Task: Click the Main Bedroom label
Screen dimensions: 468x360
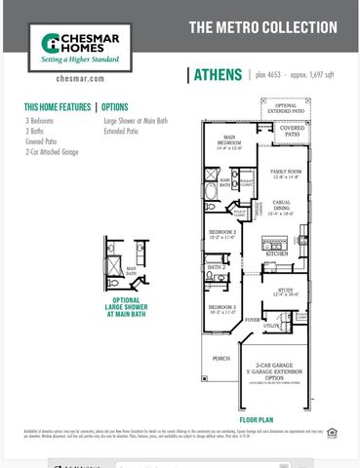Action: point(230,139)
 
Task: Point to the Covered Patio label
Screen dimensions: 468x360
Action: point(291,129)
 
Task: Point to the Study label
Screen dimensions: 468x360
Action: point(286,290)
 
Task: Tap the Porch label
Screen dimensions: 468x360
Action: point(220,358)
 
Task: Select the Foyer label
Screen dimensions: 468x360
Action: point(252,319)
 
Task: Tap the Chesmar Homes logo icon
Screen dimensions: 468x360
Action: point(54,45)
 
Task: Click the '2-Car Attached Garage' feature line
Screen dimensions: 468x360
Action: point(53,151)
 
